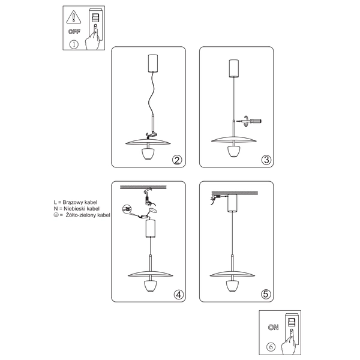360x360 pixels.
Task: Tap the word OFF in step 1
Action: [74, 31]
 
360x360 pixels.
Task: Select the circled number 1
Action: [74, 44]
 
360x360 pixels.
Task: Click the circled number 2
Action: [176, 160]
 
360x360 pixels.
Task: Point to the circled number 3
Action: [266, 160]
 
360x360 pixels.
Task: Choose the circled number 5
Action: [266, 295]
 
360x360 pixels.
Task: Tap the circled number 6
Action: [272, 347]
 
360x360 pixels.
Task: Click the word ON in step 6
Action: [274, 328]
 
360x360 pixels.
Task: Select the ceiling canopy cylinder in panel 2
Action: [153, 63]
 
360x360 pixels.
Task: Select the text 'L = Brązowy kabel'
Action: [76, 203]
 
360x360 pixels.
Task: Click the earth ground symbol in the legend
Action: [55, 215]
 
